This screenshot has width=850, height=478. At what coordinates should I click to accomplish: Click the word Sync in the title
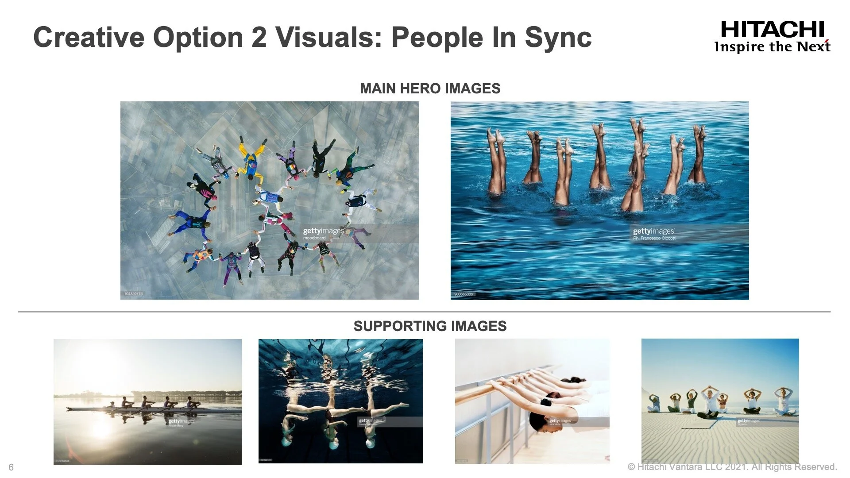click(x=558, y=37)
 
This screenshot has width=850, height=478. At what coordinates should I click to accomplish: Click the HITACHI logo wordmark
click(x=773, y=30)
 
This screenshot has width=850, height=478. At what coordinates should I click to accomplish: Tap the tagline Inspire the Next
click(x=772, y=47)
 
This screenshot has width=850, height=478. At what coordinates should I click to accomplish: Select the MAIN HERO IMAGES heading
click(x=430, y=89)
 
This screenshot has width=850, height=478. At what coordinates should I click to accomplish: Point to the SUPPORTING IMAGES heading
click(x=430, y=326)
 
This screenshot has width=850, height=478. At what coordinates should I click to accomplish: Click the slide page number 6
click(x=11, y=467)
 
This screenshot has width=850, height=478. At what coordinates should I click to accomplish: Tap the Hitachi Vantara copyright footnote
click(x=732, y=467)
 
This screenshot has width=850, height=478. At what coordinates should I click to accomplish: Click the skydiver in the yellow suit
click(x=250, y=159)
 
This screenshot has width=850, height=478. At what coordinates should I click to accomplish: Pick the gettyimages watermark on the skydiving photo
click(x=324, y=231)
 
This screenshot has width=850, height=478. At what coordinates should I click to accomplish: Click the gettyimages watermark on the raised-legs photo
click(x=654, y=231)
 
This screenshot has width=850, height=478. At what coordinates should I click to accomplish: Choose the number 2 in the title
click(x=258, y=37)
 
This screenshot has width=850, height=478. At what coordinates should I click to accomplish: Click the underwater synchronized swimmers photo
click(x=340, y=401)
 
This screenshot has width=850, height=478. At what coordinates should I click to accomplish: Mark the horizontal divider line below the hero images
click(x=424, y=312)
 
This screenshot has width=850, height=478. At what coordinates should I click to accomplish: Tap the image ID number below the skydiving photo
click(x=133, y=294)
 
